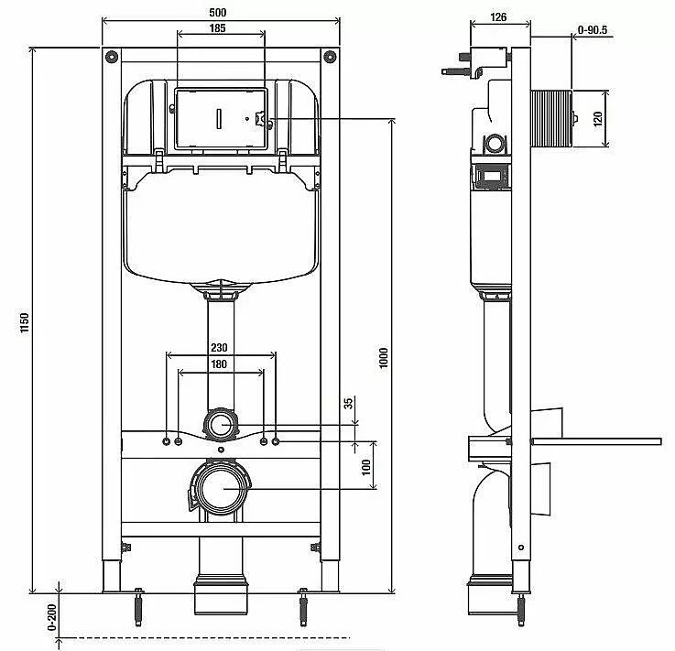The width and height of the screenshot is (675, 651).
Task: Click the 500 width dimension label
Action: (x=217, y=13)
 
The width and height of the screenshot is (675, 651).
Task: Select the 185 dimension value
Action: (x=217, y=28)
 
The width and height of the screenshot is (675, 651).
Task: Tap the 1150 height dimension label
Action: (x=25, y=322)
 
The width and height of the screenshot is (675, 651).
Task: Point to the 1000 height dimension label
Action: (x=384, y=358)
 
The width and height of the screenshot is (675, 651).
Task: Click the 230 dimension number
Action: (x=219, y=347)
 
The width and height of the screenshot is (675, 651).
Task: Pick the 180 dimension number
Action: (x=219, y=364)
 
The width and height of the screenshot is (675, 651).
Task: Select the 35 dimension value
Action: (x=348, y=404)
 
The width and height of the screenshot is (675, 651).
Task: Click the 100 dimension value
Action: (x=366, y=467)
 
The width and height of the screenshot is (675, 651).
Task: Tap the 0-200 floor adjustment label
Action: (x=51, y=618)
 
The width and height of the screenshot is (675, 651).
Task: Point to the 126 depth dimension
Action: (x=498, y=17)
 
